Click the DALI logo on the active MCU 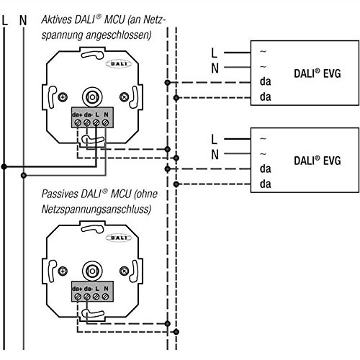pyautogui.click(x=119, y=64)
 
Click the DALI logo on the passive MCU pyautogui.click(x=119, y=238)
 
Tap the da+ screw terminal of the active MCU pyautogui.click(x=78, y=122)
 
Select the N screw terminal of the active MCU pyautogui.click(x=105, y=122)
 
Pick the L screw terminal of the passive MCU pyautogui.click(x=96, y=297)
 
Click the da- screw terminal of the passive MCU pyautogui.click(x=87, y=297)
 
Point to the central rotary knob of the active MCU pyautogui.click(x=92, y=97)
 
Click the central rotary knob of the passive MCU pyautogui.click(x=92, y=271)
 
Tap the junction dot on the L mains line pyautogui.click(x=4, y=166)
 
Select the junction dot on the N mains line pyautogui.click(x=24, y=176)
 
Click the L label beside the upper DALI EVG pyautogui.click(x=214, y=53)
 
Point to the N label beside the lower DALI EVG pyautogui.click(x=215, y=154)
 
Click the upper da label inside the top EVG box pyautogui.click(x=265, y=81)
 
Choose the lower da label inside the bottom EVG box pyautogui.click(x=265, y=184)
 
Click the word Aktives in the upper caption pyautogui.click(x=57, y=19)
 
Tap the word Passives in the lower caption pyautogui.click(x=60, y=194)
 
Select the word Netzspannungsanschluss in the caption pyautogui.click(x=96, y=210)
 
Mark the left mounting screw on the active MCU pyautogui.click(x=63, y=97)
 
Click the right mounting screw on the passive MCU pyautogui.click(x=124, y=271)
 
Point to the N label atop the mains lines pyautogui.click(x=23, y=20)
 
